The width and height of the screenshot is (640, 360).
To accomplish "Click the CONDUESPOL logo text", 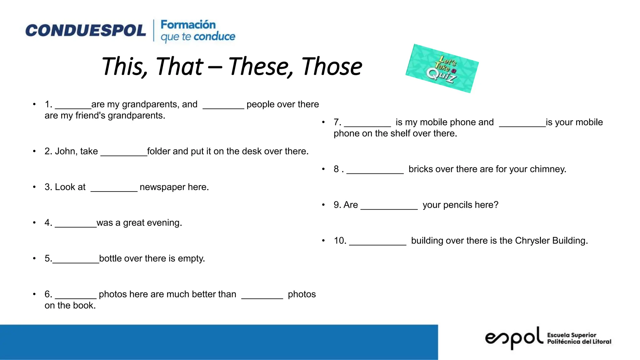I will click(x=85, y=31).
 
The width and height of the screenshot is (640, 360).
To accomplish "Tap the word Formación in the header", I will click(x=188, y=25).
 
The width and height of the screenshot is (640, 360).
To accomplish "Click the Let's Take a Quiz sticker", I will click(x=442, y=68).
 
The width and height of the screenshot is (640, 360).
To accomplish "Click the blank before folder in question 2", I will click(x=124, y=152).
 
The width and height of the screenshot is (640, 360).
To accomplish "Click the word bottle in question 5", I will click(x=110, y=259).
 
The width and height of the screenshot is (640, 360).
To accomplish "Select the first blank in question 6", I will click(x=75, y=295).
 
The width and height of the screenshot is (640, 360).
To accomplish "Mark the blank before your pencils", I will click(x=389, y=206).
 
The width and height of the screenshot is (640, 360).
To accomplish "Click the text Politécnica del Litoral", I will click(x=579, y=342).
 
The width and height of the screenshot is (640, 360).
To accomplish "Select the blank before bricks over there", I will click(x=375, y=170).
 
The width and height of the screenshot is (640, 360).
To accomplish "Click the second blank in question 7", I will click(x=522, y=123).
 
